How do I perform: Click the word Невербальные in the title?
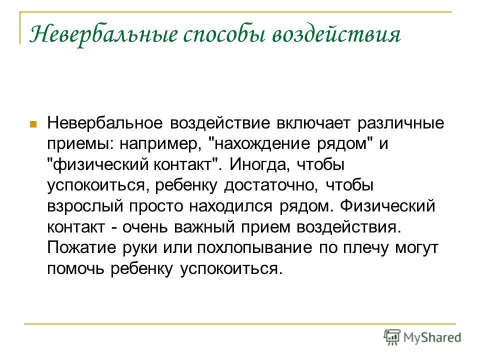(103, 34)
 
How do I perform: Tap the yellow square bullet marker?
(33, 124)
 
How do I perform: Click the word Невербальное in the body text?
(104, 123)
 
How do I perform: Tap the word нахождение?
(262, 144)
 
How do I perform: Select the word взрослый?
(85, 206)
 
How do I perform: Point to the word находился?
(230, 206)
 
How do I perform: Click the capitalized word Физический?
(387, 205)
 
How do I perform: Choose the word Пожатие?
(81, 247)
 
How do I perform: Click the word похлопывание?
(254, 247)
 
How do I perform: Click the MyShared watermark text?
(432, 337)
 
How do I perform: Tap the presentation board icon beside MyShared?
(392, 337)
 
